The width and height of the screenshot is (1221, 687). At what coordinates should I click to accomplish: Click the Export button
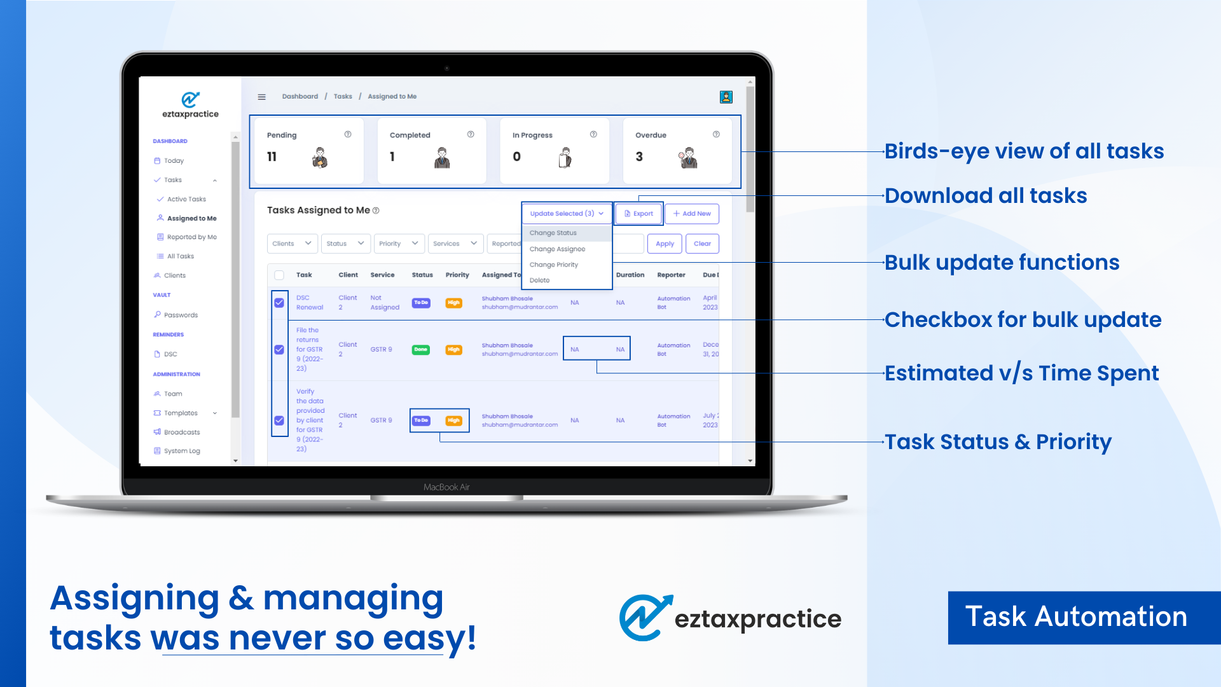click(x=639, y=214)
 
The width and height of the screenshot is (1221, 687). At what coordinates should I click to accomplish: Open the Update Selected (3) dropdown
click(x=567, y=214)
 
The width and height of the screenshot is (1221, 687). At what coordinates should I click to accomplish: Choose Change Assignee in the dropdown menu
click(x=557, y=249)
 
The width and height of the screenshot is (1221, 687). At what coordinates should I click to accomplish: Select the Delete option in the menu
click(x=539, y=281)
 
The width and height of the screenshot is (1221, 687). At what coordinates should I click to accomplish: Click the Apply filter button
click(x=665, y=244)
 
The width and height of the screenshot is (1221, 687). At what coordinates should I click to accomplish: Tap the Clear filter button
click(x=702, y=244)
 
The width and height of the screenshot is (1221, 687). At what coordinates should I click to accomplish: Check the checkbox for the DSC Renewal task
click(x=279, y=303)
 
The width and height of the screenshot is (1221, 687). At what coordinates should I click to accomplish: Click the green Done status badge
click(x=421, y=350)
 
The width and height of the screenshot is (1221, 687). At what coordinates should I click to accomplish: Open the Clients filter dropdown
click(x=291, y=244)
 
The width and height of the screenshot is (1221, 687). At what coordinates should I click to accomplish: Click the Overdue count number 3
click(x=639, y=156)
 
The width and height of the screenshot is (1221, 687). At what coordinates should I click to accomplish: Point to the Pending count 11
click(x=272, y=156)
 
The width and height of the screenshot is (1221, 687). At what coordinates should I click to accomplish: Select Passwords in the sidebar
click(x=181, y=315)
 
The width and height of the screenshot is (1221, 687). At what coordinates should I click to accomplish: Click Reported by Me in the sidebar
click(x=191, y=237)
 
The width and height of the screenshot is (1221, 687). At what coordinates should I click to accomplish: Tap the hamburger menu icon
click(x=261, y=97)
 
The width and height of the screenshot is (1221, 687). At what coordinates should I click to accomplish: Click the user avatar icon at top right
click(x=726, y=97)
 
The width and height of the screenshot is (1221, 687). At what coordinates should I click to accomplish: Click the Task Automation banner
click(x=1076, y=617)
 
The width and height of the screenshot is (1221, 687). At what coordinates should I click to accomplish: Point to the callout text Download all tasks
click(x=986, y=196)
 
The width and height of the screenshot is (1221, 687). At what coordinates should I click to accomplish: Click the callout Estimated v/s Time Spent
click(x=1021, y=373)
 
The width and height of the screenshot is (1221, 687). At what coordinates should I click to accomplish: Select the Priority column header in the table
click(x=457, y=275)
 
